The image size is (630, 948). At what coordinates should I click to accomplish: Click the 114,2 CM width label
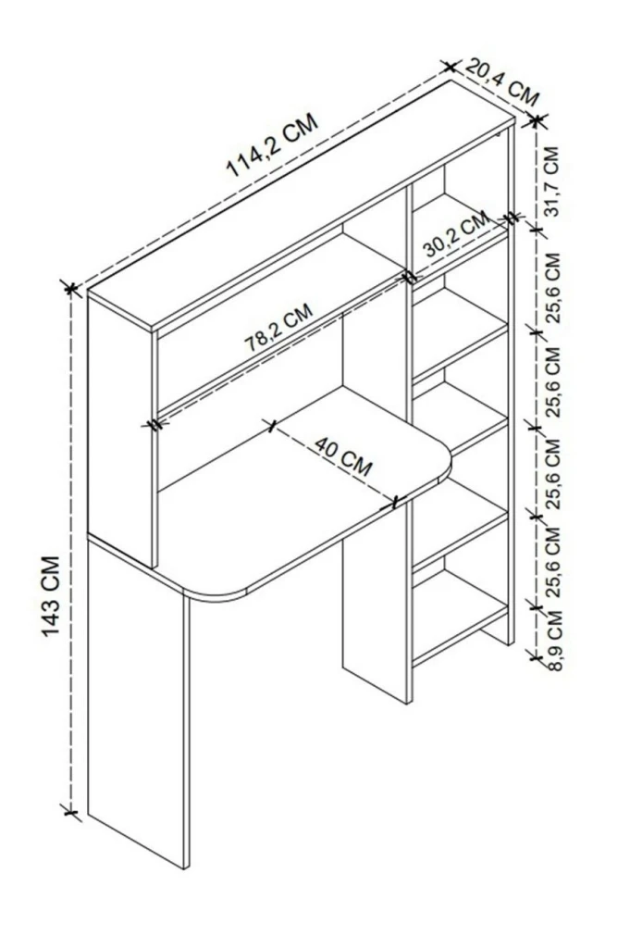click(272, 145)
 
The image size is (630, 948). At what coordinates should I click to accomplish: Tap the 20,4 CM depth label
click(501, 82)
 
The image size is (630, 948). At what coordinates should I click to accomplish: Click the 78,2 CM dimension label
click(278, 328)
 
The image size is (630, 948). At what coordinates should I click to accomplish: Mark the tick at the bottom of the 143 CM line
click(70, 811)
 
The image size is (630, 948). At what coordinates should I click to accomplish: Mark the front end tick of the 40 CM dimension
click(395, 501)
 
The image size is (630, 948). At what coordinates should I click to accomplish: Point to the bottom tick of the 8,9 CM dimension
click(534, 655)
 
